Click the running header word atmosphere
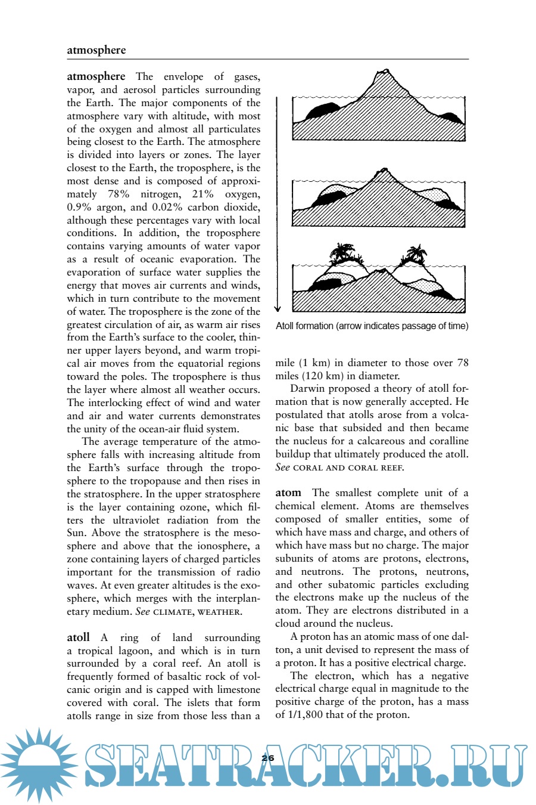click(x=96, y=50)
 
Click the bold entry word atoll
click(x=78, y=637)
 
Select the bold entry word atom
click(x=288, y=493)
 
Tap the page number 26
click(x=268, y=758)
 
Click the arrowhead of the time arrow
click(x=277, y=308)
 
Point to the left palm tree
click(x=342, y=253)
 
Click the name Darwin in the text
click(x=308, y=389)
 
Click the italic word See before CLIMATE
click(x=142, y=611)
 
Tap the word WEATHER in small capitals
click(x=219, y=612)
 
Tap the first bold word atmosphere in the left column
click(x=96, y=76)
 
